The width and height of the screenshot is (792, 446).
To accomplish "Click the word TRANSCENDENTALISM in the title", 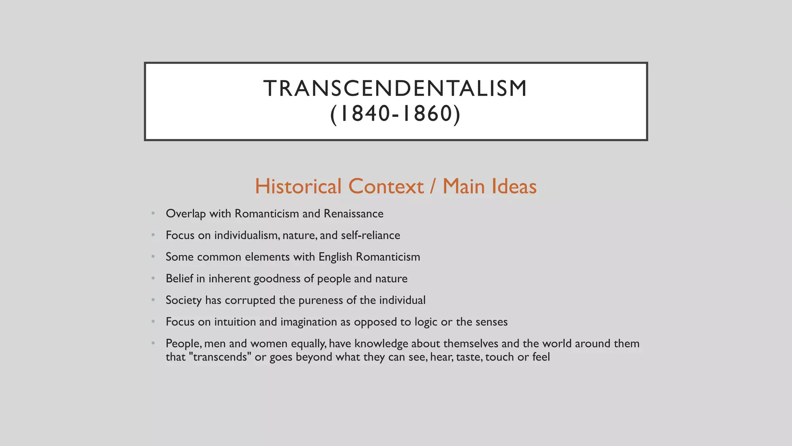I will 395,88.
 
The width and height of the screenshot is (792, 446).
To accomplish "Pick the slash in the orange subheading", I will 433,186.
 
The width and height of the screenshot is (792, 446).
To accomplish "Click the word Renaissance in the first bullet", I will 353,214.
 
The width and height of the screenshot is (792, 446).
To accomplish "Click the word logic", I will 426,322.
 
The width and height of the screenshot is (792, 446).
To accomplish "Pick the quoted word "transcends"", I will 220,357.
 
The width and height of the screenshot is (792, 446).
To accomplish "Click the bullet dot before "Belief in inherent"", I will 153,278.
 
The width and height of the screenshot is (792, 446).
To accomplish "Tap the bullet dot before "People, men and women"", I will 153,343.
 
